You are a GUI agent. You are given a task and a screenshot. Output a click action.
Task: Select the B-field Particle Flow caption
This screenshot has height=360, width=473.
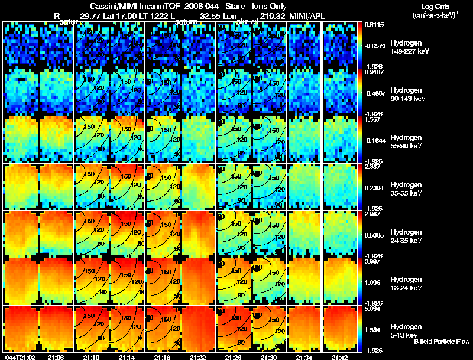pyautogui.click(x=442, y=341)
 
